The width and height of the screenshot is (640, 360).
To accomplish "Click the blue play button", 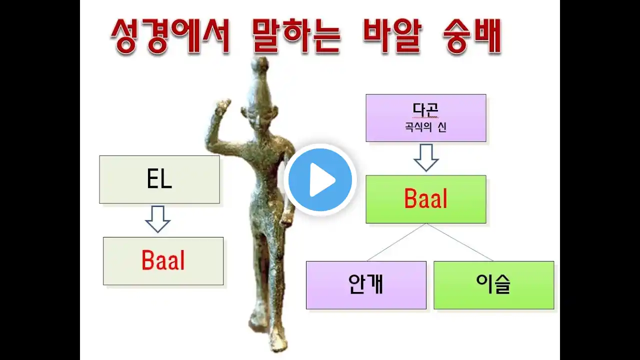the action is click(320, 179).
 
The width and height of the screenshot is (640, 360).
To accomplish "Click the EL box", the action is click(159, 179).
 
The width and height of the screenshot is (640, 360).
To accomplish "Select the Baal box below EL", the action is click(163, 261).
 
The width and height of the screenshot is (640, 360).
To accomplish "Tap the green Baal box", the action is click(426, 199).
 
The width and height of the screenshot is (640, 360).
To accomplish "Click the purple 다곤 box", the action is click(426, 118).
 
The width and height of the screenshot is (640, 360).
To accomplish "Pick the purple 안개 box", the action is click(366, 285).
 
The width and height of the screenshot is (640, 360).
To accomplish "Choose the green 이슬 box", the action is click(493, 285).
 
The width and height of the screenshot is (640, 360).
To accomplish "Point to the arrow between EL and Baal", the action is click(157, 219).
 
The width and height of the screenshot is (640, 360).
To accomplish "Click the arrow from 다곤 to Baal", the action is click(426, 157).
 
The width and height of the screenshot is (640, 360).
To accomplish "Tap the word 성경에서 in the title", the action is click(170, 36).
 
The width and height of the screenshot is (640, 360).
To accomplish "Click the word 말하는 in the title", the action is click(296, 36).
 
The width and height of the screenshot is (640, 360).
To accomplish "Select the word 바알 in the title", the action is click(392, 36).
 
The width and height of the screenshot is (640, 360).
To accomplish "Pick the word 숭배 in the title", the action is click(472, 36).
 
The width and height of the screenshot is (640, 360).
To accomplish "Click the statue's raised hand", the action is click(223, 106).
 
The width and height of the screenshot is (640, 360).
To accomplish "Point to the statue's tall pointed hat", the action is click(261, 83).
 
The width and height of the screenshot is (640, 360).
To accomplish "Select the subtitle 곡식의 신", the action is click(425, 127).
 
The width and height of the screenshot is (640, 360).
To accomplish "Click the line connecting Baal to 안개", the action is click(396, 242).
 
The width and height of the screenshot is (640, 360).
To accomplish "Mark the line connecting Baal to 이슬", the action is click(459, 242).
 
